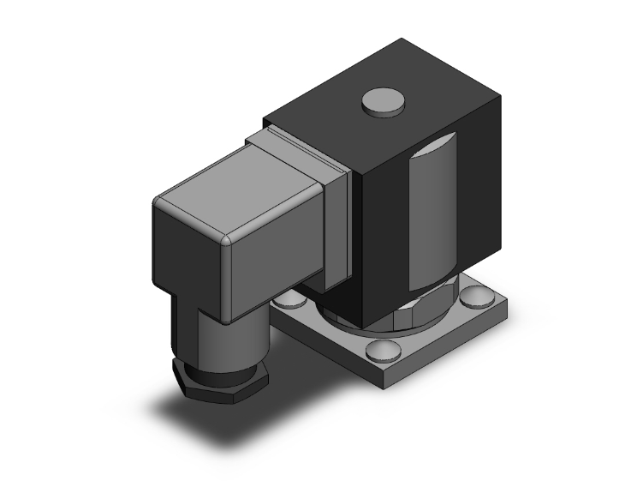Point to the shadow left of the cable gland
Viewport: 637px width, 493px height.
[x=171, y=403]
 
